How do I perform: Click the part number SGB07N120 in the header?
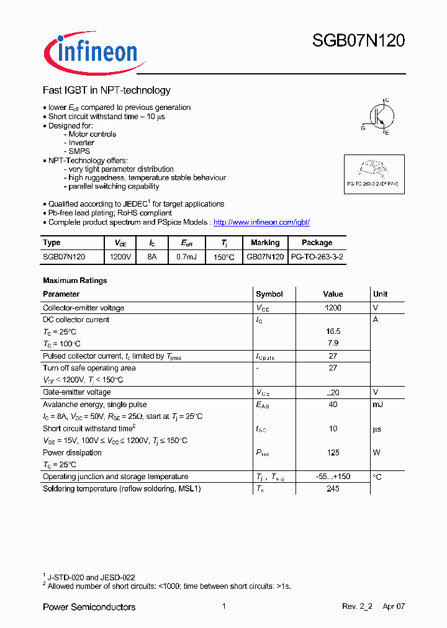pyautogui.click(x=358, y=41)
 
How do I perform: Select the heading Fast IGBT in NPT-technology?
pyautogui.click(x=106, y=90)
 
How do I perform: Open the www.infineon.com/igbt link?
pyautogui.click(x=261, y=222)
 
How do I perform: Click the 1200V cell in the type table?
pyautogui.click(x=120, y=256)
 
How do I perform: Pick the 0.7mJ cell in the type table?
pyautogui.click(x=186, y=256)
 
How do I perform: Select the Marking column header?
pyautogui.click(x=265, y=243)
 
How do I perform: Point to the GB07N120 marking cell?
pyautogui.click(x=265, y=256)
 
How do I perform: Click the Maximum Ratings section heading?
pyautogui.click(x=74, y=280)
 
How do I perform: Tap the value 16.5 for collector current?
pyautogui.click(x=333, y=331)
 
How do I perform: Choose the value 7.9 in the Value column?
pyautogui.click(x=333, y=344)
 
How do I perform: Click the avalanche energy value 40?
pyautogui.click(x=333, y=405)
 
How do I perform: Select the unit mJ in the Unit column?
pyautogui.click(x=377, y=405)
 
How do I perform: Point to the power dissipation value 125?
pyautogui.click(x=333, y=453)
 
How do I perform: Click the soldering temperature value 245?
pyautogui.click(x=333, y=489)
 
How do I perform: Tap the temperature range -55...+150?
pyautogui.click(x=333, y=477)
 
